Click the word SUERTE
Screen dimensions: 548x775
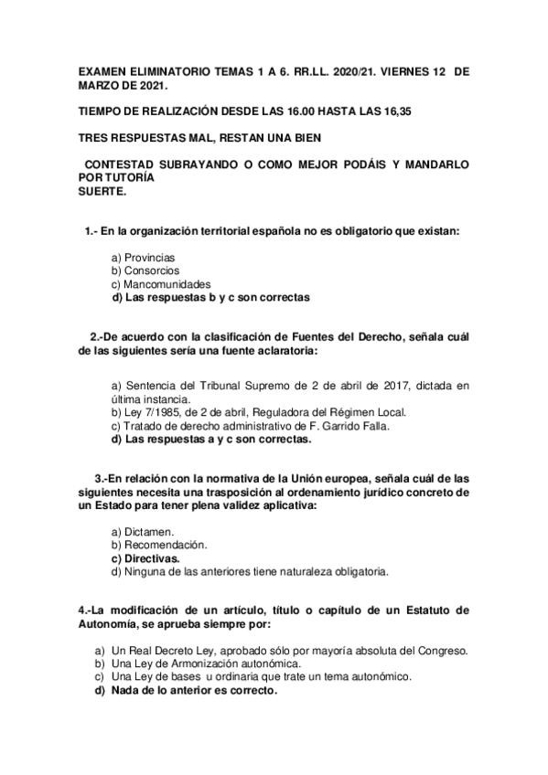[102, 193]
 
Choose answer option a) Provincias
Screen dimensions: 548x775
[144, 258]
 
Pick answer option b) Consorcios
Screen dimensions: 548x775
[145, 271]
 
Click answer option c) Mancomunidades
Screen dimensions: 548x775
[161, 283]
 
